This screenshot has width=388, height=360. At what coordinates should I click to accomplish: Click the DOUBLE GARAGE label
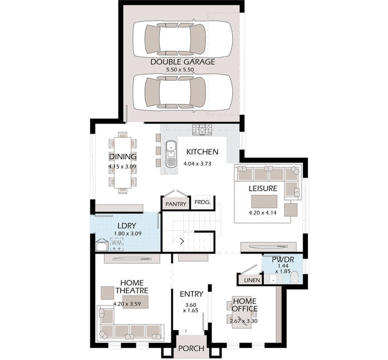183,62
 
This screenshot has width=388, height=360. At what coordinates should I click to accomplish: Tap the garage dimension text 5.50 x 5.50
183,69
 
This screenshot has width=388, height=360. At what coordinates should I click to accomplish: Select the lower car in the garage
183,92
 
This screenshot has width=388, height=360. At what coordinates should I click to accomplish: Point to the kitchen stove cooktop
200,129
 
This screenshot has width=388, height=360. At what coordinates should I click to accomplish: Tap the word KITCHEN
202,152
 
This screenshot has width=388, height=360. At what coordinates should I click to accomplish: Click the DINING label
123,156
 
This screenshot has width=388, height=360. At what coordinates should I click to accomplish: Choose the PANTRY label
176,204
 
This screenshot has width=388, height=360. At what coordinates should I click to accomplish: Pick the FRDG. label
202,204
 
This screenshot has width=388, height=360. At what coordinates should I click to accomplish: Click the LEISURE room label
263,189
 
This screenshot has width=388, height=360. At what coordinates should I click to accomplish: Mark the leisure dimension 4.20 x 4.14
263,213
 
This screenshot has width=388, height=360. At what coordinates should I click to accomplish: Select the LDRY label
127,226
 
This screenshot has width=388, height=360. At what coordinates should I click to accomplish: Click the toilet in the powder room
295,277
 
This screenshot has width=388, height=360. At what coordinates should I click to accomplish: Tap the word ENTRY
191,294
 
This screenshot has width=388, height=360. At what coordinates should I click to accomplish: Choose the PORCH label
191,348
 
